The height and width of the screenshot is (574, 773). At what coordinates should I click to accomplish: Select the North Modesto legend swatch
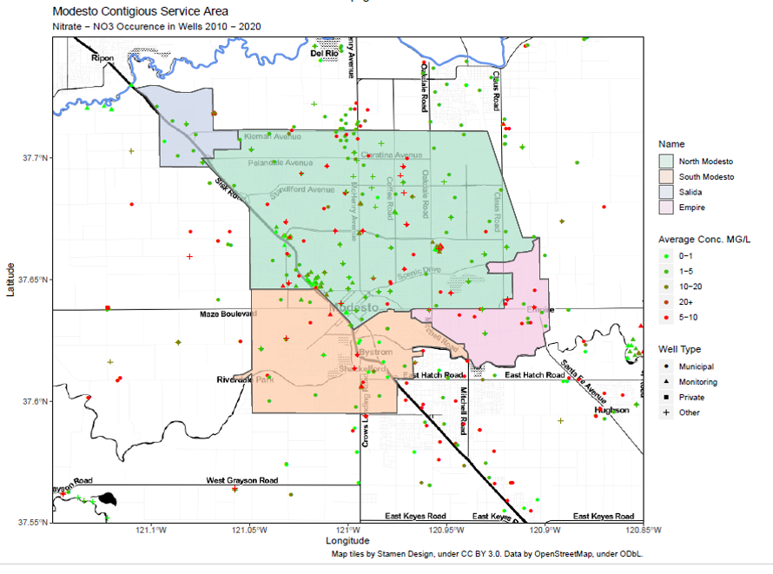pyautogui.click(x=665, y=162)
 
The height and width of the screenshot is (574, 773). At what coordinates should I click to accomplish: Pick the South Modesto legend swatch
pyautogui.click(x=665, y=177)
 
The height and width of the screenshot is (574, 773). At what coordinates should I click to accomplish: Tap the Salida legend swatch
pyautogui.click(x=665, y=192)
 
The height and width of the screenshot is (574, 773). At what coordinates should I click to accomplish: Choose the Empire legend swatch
pyautogui.click(x=665, y=208)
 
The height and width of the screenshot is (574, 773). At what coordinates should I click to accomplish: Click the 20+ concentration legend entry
pyautogui.click(x=666, y=301)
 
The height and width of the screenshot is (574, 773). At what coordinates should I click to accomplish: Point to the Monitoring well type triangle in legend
pyautogui.click(x=666, y=382)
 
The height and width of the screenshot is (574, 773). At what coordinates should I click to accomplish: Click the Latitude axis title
pyautogui.click(x=11, y=280)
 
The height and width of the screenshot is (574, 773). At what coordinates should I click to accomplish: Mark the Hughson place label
pyautogui.click(x=611, y=410)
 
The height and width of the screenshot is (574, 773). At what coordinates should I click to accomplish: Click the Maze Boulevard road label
pyautogui.click(x=222, y=313)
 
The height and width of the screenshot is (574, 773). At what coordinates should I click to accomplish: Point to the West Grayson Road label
pyautogui.click(x=241, y=480)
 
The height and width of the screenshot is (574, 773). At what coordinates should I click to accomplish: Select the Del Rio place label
pyautogui.click(x=324, y=54)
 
